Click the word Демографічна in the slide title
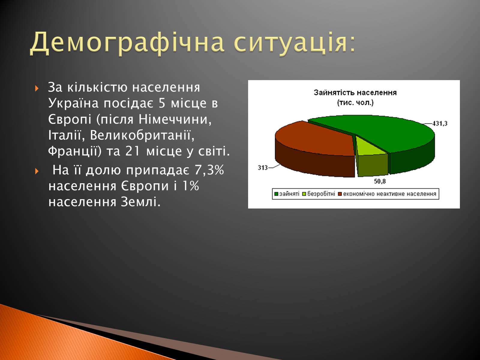click(127, 43)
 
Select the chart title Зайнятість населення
click(355, 93)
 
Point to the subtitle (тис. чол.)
click(355, 103)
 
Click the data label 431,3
click(440, 124)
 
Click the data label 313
click(262, 168)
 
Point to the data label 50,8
click(380, 181)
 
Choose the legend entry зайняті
click(287, 194)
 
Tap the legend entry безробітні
click(319, 194)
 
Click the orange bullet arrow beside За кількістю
click(37, 88)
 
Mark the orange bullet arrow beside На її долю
click(37, 171)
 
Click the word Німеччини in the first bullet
click(175, 119)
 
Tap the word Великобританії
click(142, 135)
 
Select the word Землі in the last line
click(141, 202)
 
